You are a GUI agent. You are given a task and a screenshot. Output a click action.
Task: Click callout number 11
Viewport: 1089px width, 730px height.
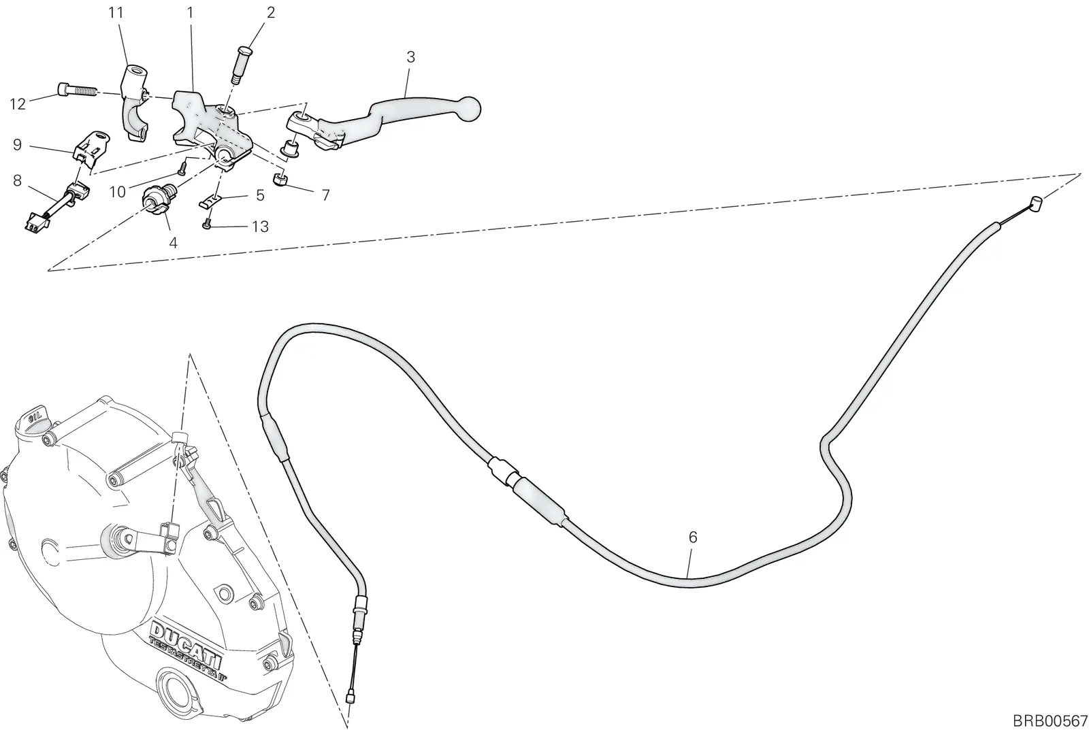pyautogui.click(x=116, y=13)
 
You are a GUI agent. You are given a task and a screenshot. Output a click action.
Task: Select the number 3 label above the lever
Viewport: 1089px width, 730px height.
pyautogui.click(x=411, y=57)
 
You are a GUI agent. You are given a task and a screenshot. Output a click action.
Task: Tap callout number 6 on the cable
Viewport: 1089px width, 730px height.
pyautogui.click(x=693, y=537)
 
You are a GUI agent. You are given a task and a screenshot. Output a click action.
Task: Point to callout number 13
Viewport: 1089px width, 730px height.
pyautogui.click(x=260, y=227)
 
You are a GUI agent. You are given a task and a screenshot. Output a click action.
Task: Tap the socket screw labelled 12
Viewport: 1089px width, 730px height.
pyautogui.click(x=78, y=90)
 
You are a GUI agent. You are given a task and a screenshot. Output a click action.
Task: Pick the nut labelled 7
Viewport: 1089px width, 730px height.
pyautogui.click(x=280, y=180)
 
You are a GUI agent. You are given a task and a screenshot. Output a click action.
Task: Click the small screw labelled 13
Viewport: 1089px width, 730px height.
pyautogui.click(x=207, y=225)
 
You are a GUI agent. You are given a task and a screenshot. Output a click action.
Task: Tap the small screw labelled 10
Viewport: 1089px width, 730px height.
pyautogui.click(x=182, y=167)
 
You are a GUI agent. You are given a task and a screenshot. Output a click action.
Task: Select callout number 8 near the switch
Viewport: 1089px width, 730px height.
pyautogui.click(x=18, y=181)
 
